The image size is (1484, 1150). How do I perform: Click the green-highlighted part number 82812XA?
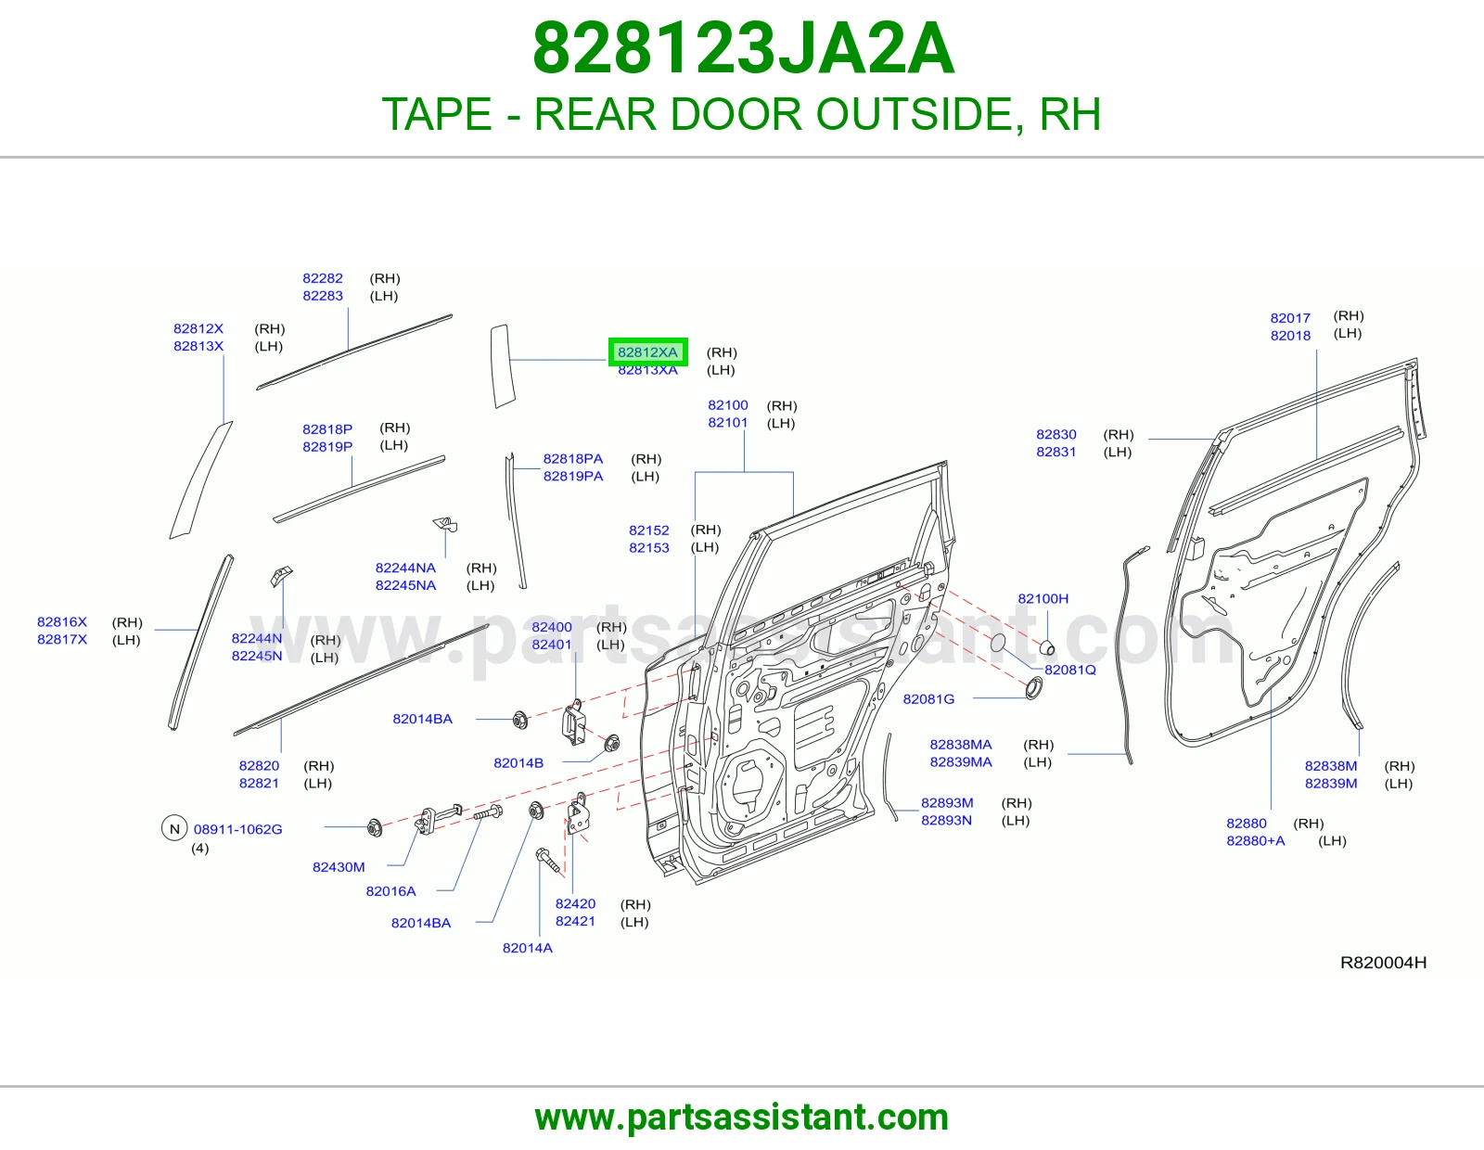(647, 352)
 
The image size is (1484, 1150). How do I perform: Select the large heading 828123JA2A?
(743, 48)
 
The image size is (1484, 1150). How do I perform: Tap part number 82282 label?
(323, 278)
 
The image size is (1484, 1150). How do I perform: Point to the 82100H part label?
(1043, 598)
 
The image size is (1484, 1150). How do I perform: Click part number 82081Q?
(1070, 670)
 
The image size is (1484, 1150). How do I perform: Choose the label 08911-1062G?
(237, 829)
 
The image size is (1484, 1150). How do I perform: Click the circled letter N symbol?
(174, 828)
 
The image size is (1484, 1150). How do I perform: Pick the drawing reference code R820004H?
(1383, 963)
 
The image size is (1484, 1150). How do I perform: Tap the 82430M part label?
(339, 866)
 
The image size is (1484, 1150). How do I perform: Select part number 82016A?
(390, 890)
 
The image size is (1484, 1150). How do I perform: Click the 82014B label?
(518, 762)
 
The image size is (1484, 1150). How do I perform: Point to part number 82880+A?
(1255, 840)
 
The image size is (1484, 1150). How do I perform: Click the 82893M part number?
(947, 802)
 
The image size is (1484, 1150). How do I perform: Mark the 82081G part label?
(928, 698)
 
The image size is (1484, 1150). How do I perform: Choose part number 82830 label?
(1055, 434)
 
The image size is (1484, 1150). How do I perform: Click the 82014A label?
(527, 948)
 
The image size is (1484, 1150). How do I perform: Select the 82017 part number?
(1290, 317)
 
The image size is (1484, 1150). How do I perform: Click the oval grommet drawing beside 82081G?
(1034, 688)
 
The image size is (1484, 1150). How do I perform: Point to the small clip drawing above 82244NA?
(446, 525)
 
